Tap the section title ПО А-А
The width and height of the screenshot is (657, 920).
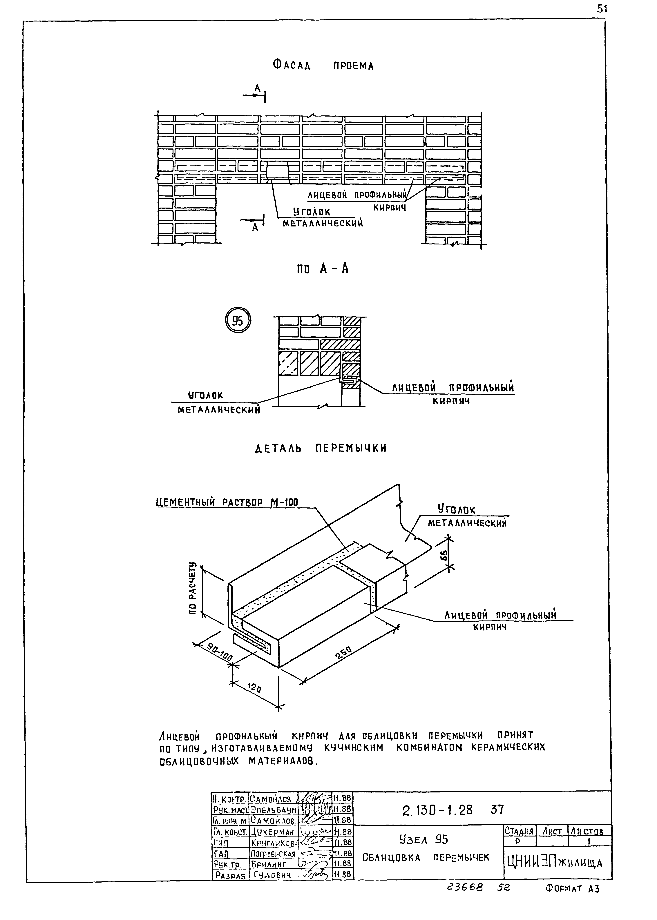[322, 268]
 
